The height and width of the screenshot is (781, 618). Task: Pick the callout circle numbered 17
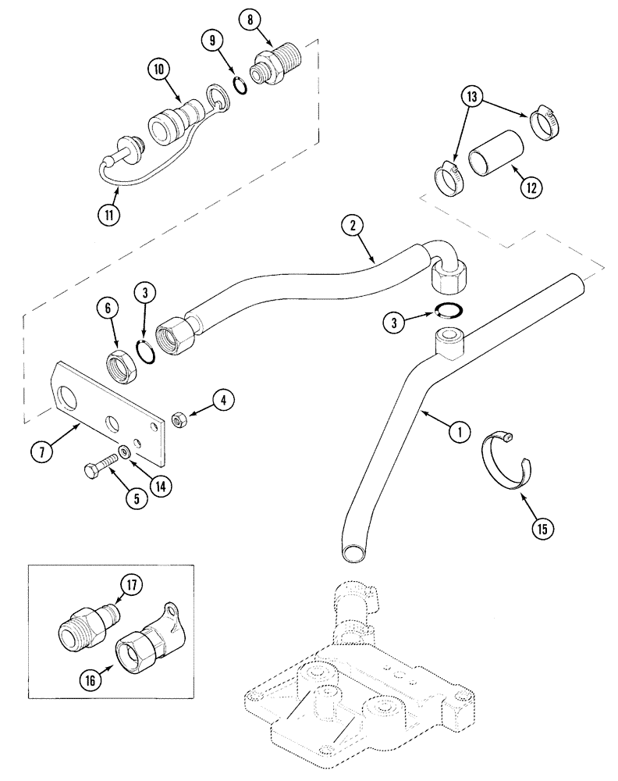[130, 585]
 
